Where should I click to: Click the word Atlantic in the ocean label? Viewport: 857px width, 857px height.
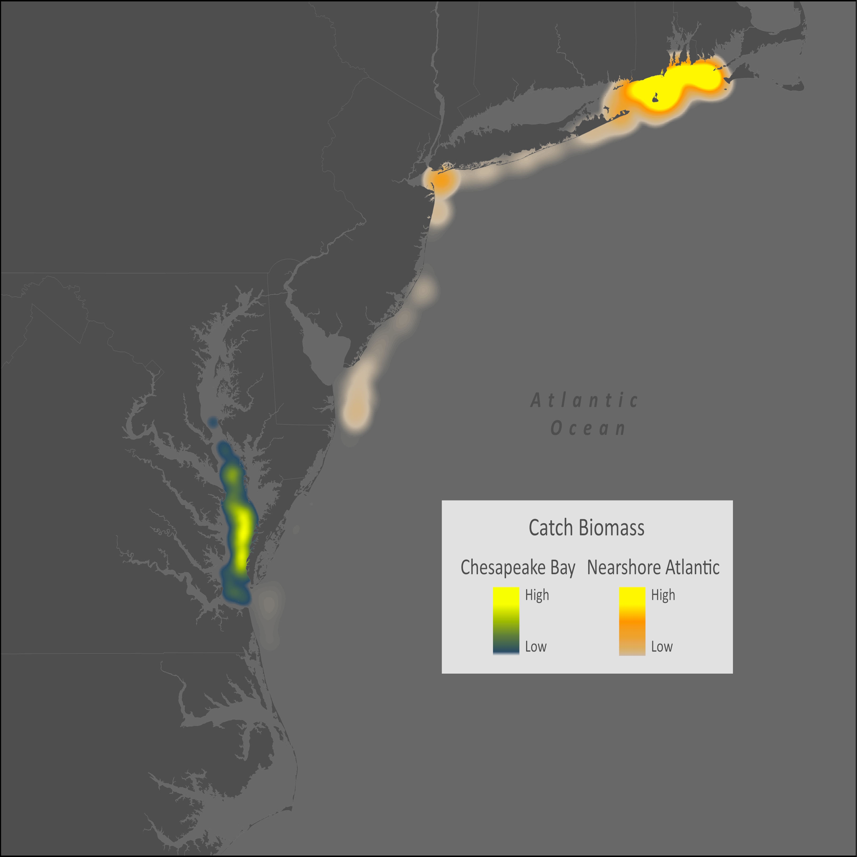(x=585, y=400)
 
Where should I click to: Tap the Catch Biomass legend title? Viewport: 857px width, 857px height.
(x=586, y=528)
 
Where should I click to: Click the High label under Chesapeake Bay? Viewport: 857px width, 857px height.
(x=537, y=595)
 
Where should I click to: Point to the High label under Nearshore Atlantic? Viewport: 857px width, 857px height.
(x=663, y=595)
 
